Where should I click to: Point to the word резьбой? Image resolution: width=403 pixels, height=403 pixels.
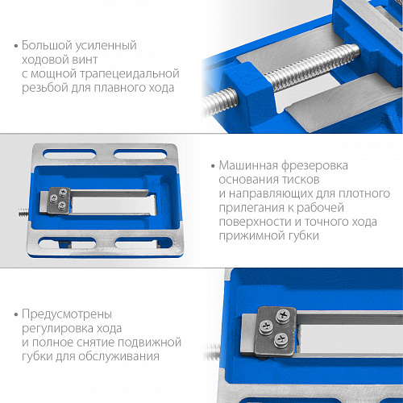(x=45, y=88)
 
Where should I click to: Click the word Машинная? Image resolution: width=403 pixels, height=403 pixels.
(x=248, y=165)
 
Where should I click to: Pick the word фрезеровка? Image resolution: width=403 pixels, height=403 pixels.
(x=314, y=166)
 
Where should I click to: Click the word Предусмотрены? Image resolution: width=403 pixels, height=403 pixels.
(x=67, y=314)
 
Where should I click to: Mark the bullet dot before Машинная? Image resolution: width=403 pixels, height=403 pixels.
(x=213, y=166)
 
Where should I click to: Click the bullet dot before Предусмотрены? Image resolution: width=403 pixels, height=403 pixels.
(x=16, y=314)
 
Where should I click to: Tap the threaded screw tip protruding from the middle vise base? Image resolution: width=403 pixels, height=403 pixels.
(x=23, y=213)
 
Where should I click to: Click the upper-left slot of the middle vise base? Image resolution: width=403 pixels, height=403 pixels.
(x=69, y=154)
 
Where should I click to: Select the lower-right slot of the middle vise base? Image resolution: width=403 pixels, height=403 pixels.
(x=143, y=243)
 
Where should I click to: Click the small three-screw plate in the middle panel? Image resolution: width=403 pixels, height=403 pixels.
(x=59, y=201)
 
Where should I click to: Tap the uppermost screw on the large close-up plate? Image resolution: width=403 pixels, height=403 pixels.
(x=284, y=314)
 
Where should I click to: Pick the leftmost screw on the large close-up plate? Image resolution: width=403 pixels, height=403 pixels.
(x=266, y=326)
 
